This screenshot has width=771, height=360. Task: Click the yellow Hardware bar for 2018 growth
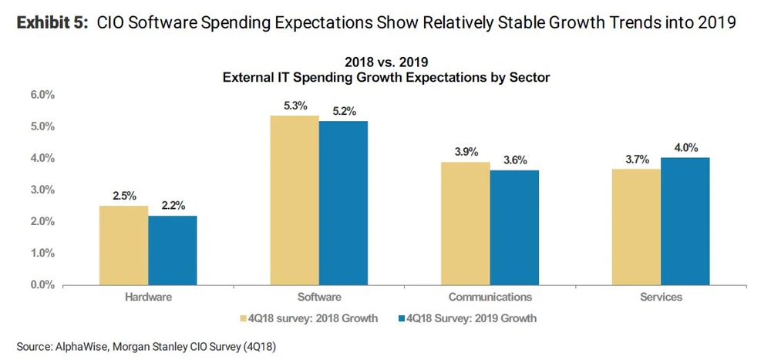tap(123, 245)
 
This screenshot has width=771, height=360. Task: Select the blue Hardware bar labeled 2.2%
tap(173, 250)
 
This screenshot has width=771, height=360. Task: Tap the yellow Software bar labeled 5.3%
tap(294, 200)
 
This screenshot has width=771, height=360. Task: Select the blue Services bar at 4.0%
tap(685, 221)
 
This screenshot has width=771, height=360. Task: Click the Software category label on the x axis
tap(318, 297)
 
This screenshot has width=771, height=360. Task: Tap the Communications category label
tap(490, 297)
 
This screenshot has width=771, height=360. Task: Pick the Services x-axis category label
tap(660, 297)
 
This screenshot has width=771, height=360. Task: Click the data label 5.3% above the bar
tap(294, 106)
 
